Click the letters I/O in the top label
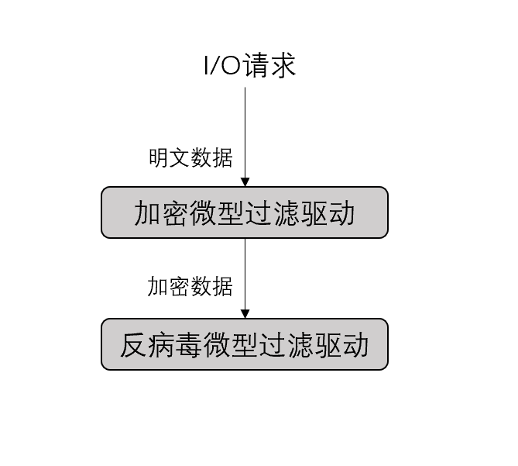tap(222, 66)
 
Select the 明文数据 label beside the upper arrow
tap(190, 157)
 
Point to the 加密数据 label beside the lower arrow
tap(190, 286)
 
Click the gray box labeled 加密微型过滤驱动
tap(245, 212)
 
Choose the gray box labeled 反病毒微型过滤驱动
tap(245, 344)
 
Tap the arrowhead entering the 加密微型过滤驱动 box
tap(245, 181)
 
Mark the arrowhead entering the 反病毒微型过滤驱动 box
tap(245, 313)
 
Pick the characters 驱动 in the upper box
tap(328, 212)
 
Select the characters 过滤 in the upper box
tap(273, 212)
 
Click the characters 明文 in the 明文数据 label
tap(170, 157)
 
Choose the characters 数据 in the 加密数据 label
tap(211, 286)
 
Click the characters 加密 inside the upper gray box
tap(161, 212)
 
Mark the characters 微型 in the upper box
tap(217, 212)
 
